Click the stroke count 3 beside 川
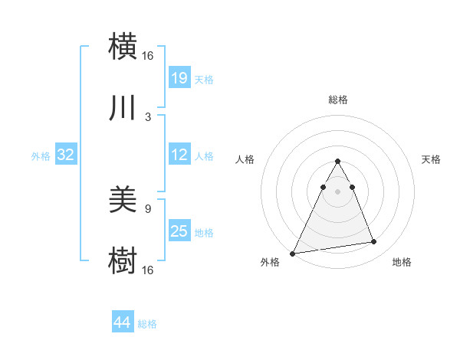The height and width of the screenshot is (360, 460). pos(148,117)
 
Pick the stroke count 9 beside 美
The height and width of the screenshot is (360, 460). pos(148,208)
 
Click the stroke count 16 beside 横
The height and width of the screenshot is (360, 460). pos(148,55)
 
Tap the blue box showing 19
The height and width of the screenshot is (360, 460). pos(179,77)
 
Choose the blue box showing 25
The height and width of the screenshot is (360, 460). pos(179,231)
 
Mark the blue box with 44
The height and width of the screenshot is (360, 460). pos(122,323)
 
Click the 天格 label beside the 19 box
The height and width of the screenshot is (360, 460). pos(204,79)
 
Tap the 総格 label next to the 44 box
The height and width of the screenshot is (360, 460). pos(147,324)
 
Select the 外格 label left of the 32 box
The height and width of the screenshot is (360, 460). pos(41,156)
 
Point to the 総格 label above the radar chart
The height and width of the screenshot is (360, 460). pos(337,100)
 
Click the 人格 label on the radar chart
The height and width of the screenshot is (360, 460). pos(245,159)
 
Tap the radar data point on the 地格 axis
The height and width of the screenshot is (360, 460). pos(374,242)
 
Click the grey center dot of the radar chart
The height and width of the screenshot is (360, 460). pos(337,191)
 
